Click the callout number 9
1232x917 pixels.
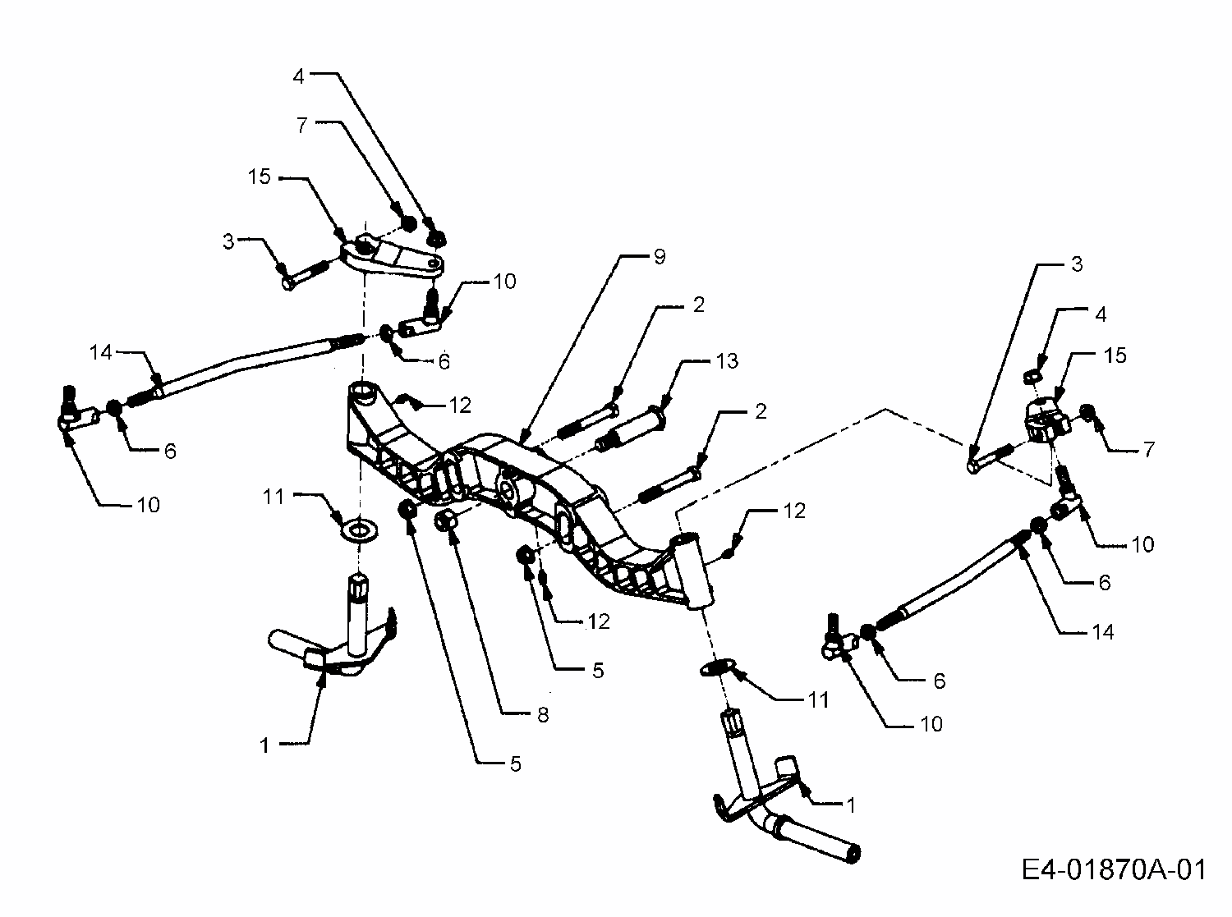[x=660, y=257]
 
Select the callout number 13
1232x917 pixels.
[x=726, y=361]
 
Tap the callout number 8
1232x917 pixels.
[x=542, y=715]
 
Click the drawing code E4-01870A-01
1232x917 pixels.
[x=1115, y=869]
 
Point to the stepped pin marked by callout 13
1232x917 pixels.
[x=632, y=424]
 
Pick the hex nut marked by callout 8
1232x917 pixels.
[x=447, y=520]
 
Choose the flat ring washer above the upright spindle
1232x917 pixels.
[x=359, y=529]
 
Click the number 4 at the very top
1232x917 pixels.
[x=298, y=76]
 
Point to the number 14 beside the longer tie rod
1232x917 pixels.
[x=101, y=353]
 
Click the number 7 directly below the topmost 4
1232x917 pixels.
[x=301, y=126]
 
